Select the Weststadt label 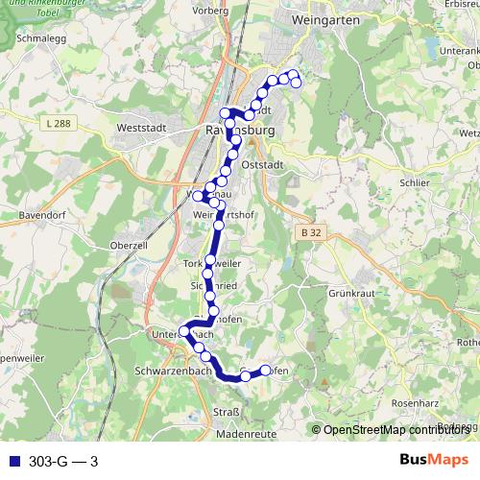pos(141,127)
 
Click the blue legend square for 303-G pos(12,462)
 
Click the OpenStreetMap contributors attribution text pos(399,429)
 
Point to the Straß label pos(223,413)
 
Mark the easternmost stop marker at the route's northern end pos(297,83)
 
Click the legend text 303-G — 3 pos(63,462)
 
